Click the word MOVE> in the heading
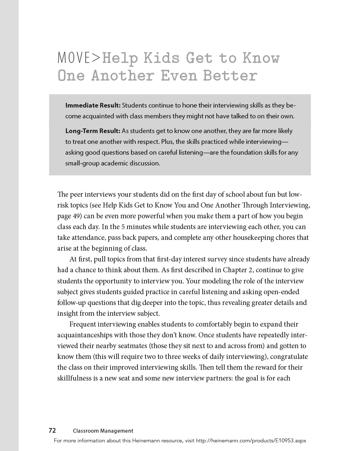coord(79,58)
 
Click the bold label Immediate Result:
coord(93,105)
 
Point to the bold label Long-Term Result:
coord(93,131)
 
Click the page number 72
coord(52,430)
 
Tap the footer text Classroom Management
coord(103,431)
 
